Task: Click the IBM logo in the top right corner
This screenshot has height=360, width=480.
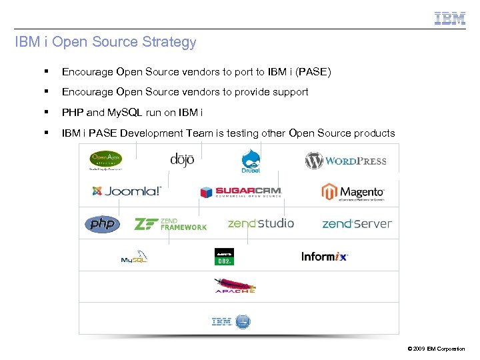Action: point(450,18)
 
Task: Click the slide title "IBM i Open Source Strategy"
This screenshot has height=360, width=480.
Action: point(105,43)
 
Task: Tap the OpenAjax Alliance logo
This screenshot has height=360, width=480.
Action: point(106,160)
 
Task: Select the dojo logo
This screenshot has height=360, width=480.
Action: point(181,161)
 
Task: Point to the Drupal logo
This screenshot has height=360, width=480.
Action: point(251,161)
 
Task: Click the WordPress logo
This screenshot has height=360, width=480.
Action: point(345,161)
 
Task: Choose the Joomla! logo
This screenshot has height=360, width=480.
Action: point(127,191)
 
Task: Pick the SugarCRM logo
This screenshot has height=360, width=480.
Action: point(241,192)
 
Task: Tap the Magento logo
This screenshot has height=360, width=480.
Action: point(353,193)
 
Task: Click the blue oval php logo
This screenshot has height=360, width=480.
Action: point(102,224)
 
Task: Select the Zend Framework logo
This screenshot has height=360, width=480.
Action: point(171,224)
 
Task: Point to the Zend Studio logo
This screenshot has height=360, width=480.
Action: point(261,223)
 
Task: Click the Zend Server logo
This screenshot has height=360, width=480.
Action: point(357,224)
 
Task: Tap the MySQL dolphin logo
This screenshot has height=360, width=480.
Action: point(134,257)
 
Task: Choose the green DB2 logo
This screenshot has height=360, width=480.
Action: point(224,257)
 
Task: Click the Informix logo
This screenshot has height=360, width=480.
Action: point(325,256)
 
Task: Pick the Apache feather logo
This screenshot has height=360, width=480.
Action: point(234,285)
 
